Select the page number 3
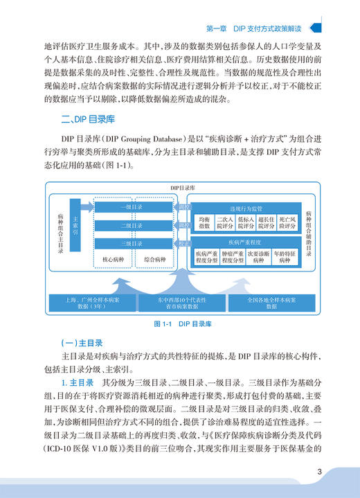(320, 473)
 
